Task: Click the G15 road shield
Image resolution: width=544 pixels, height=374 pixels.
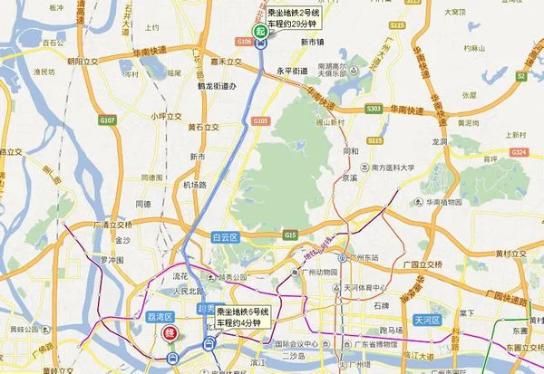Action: point(289,235)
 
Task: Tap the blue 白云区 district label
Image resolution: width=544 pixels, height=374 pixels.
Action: point(223,237)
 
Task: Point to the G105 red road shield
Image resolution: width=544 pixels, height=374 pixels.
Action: point(261,120)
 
